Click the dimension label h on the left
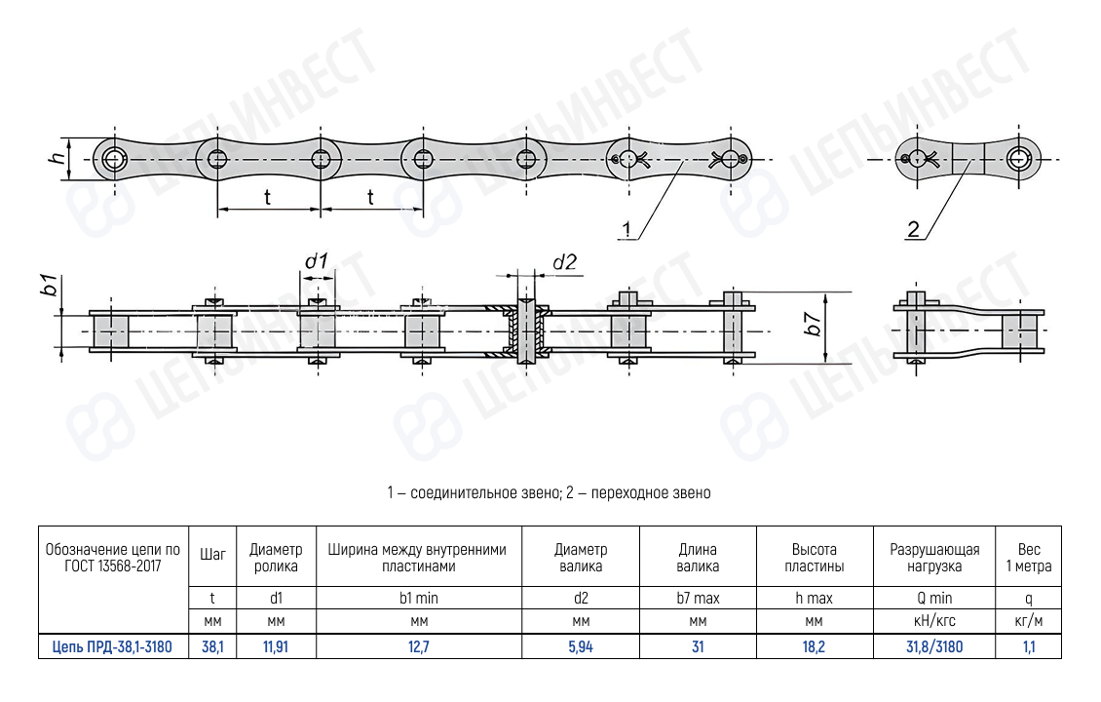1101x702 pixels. (58, 158)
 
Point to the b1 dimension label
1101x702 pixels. (50, 286)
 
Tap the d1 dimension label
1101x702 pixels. (316, 262)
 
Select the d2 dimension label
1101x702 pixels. (564, 262)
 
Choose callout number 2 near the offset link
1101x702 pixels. (913, 229)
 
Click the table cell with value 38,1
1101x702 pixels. (212, 646)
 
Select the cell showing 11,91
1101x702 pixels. (276, 646)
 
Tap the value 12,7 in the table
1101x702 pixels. (419, 646)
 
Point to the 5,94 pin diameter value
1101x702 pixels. (581, 646)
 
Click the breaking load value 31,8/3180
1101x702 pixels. (934, 646)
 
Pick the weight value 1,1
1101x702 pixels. (1029, 646)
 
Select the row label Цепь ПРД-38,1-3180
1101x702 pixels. (112, 646)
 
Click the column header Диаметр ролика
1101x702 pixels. (276, 558)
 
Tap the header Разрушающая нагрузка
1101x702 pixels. (934, 558)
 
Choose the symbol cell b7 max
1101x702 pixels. (698, 598)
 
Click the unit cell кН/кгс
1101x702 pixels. (934, 621)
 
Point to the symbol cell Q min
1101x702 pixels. (934, 598)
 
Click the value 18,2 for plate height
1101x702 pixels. (814, 646)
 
